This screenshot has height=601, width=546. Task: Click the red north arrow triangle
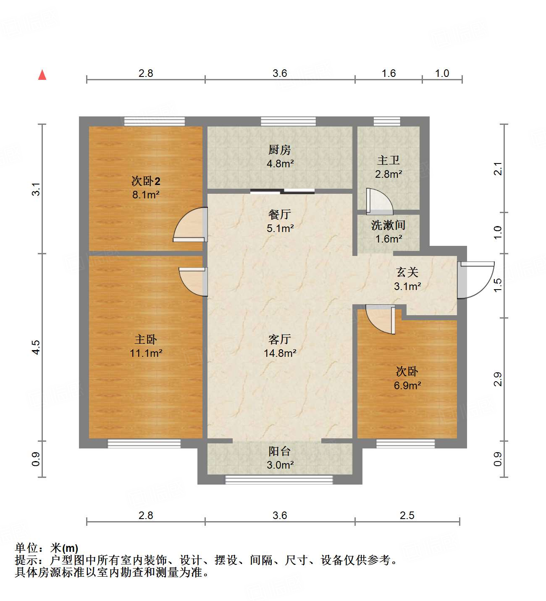42,75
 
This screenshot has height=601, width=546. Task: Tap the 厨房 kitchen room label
280,150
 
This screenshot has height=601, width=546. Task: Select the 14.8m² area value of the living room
280,353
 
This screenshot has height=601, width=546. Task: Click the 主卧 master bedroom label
146,339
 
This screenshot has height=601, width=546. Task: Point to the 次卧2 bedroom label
146,181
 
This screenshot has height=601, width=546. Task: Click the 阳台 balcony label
280,451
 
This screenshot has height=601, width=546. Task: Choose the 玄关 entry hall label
407,272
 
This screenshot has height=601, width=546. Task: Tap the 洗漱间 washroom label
388,225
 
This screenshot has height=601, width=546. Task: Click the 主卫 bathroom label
388,160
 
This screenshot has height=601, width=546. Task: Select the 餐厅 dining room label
280,214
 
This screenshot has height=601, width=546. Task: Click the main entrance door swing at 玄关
475,279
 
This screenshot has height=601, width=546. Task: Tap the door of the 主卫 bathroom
379,200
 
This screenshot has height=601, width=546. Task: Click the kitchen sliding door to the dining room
282,192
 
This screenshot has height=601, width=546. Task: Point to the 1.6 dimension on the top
388,73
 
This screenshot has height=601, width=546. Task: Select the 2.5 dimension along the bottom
407,515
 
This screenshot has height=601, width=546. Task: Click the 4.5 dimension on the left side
36,347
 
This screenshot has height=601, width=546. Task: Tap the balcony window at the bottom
279,480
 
